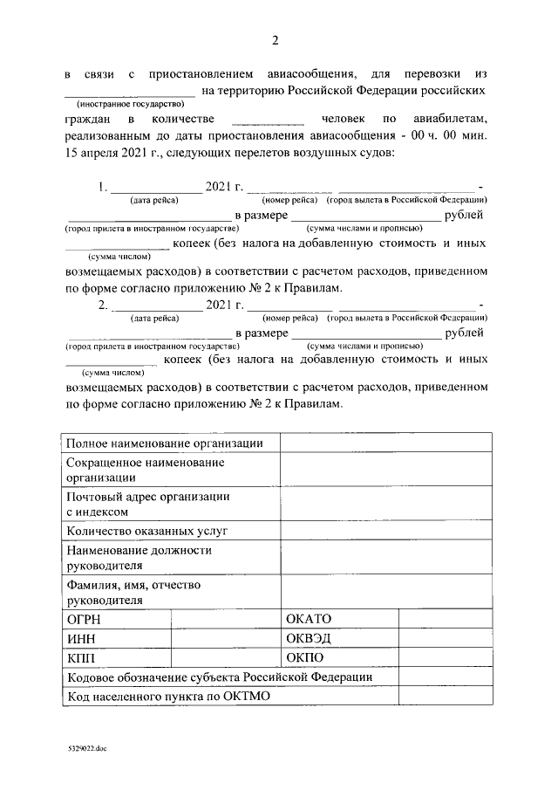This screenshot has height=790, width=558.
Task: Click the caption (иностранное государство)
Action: [129, 102]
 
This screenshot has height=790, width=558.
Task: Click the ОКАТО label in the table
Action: [309, 619]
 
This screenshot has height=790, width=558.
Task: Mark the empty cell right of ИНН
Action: [225, 638]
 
